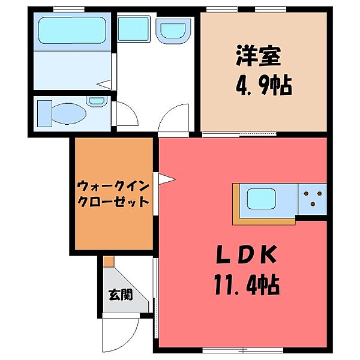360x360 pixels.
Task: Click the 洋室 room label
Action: coord(259,56)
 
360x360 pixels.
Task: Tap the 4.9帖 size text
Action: coord(264,86)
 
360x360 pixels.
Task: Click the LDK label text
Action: coord(247,254)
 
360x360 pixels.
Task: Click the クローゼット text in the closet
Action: coord(113,202)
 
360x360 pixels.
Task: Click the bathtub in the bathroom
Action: coord(73,30)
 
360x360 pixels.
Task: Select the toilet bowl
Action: coord(69,113)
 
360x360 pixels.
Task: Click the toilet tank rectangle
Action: coord(44,113)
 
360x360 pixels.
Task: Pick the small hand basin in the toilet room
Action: coord(97,101)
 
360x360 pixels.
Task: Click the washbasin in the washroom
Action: coord(173,31)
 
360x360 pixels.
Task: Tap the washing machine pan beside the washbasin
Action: coord(134,29)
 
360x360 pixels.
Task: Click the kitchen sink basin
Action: coord(261,199)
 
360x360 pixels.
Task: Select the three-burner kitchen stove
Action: coord(312,199)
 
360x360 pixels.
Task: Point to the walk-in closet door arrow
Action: coord(166,179)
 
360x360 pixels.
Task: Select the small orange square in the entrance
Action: coord(109,262)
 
